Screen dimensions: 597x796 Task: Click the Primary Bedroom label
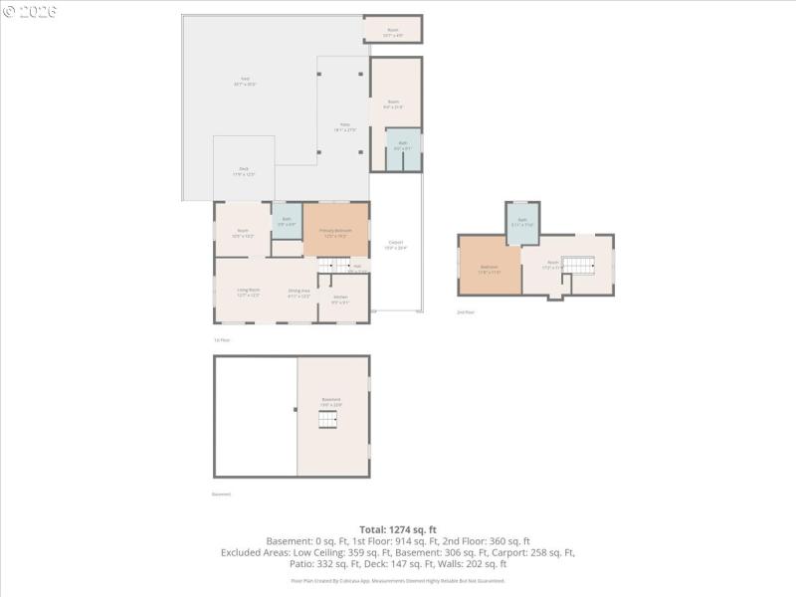[x=336, y=232]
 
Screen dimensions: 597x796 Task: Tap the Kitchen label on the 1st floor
[x=340, y=298]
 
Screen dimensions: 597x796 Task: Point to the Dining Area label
[x=299, y=294]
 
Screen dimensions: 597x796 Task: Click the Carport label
[x=396, y=245]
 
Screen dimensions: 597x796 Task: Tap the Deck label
[x=244, y=171]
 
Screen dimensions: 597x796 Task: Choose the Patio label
[x=344, y=127]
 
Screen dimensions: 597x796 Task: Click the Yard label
[x=244, y=81]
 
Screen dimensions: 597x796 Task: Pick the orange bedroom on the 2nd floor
[x=490, y=268]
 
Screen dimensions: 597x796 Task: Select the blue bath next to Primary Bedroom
[x=287, y=221]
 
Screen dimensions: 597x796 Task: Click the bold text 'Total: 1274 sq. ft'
[x=398, y=529]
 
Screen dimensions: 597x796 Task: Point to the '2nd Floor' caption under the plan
[x=466, y=312]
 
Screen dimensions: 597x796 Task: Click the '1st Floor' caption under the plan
[x=222, y=340]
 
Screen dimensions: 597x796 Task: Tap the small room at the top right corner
[x=393, y=30]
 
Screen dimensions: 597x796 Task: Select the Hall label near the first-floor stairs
[x=356, y=266]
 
